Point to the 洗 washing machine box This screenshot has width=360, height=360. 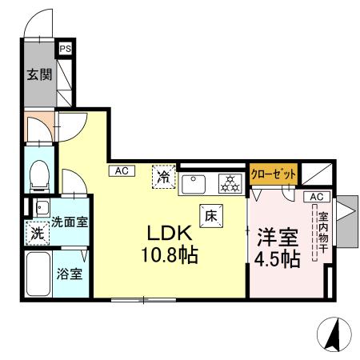coord(37,235)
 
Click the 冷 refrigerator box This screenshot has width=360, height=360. coord(163,175)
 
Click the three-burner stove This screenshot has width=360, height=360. coord(230,184)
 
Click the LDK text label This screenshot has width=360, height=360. coord(166,234)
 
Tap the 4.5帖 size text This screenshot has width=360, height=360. coord(278,259)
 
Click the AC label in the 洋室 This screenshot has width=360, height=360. coord(314,197)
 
